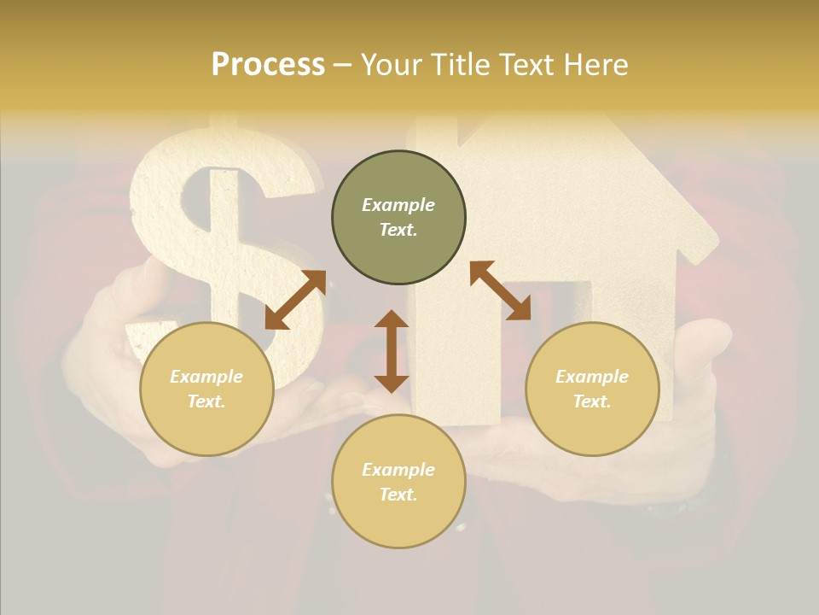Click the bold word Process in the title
tap(268, 64)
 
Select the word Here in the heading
tap(595, 64)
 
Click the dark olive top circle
tap(398, 182)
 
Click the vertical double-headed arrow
tap(392, 351)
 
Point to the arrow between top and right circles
tap(500, 290)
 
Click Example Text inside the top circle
tap(398, 217)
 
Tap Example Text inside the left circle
tap(206, 389)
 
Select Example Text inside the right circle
tap(592, 389)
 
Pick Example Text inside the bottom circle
tap(398, 482)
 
